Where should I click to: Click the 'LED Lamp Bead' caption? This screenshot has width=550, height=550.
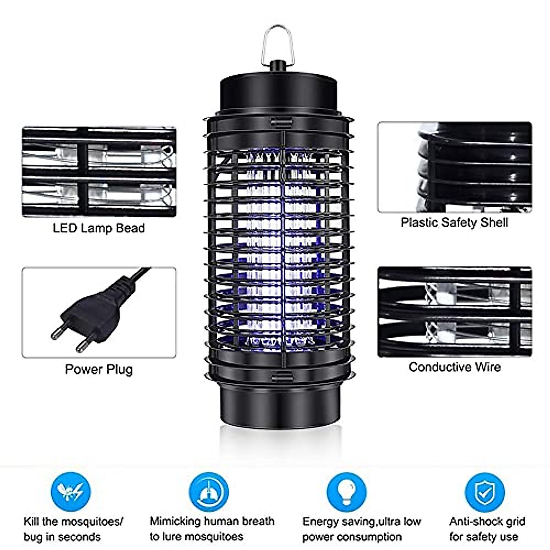(99, 228)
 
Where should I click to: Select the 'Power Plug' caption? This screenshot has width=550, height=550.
(99, 369)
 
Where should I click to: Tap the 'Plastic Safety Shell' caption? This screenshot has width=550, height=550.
(454, 223)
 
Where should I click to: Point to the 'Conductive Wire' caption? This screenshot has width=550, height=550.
(454, 367)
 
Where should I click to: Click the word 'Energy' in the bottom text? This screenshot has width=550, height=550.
(320, 522)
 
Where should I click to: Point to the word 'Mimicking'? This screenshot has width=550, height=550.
(175, 522)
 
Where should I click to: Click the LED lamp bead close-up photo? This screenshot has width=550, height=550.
(99, 172)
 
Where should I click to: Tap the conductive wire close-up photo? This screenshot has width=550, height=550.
(454, 312)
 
